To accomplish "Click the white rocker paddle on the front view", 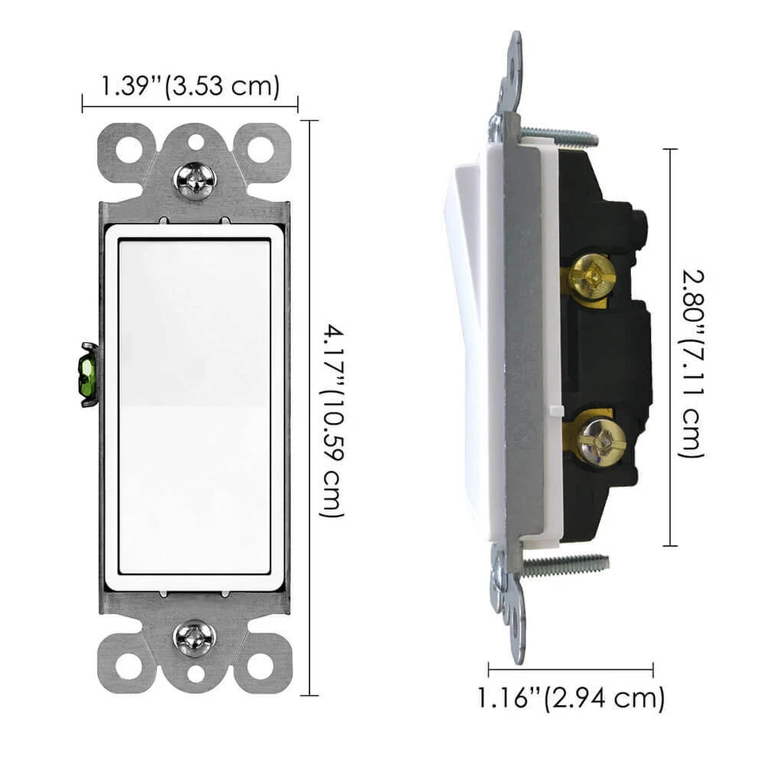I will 194,406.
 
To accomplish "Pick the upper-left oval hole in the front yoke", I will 127,148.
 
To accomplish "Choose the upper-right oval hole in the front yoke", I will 260,148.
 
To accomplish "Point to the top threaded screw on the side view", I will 558,135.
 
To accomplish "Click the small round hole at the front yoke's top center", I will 194,142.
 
